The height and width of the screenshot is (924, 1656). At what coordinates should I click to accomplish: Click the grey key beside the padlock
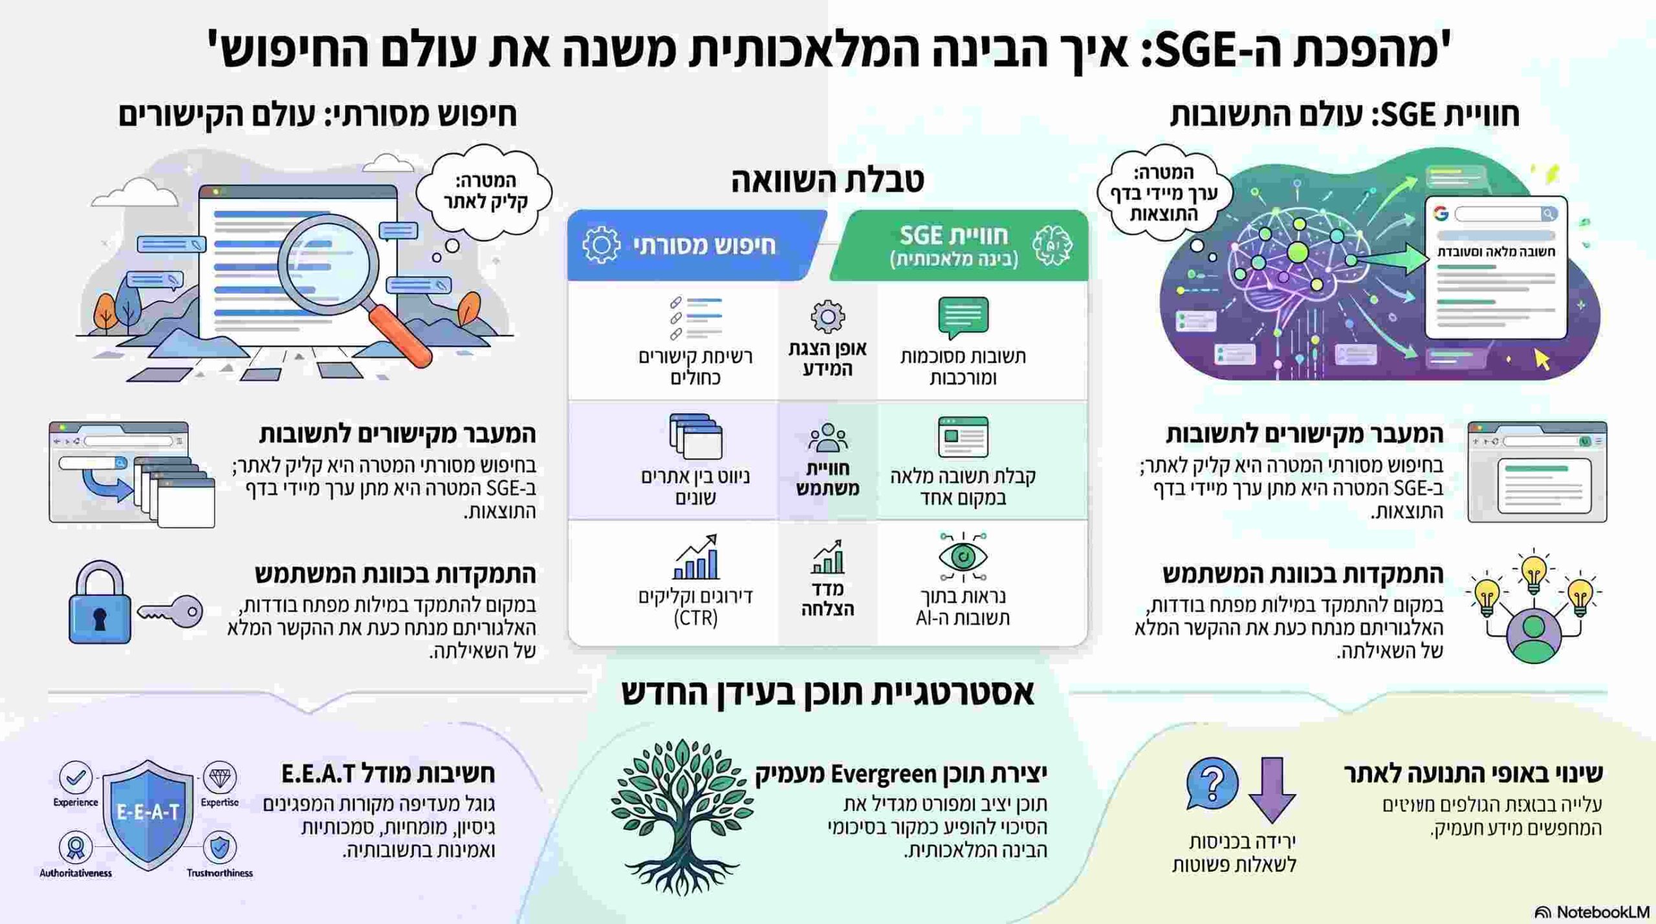[171, 610]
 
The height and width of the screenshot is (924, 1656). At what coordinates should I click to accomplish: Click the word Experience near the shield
[76, 802]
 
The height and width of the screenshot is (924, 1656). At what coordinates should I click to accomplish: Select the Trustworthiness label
[219, 873]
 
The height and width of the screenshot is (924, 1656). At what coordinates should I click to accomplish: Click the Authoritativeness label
[76, 873]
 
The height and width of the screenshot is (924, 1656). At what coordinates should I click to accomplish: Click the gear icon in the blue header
[601, 245]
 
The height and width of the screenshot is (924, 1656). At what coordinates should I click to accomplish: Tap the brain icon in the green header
[1052, 246]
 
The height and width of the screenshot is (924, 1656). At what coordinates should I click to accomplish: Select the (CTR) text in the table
[695, 618]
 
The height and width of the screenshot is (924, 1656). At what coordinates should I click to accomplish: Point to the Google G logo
[1440, 213]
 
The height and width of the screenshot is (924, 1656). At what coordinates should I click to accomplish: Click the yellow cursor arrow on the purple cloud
[1542, 360]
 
